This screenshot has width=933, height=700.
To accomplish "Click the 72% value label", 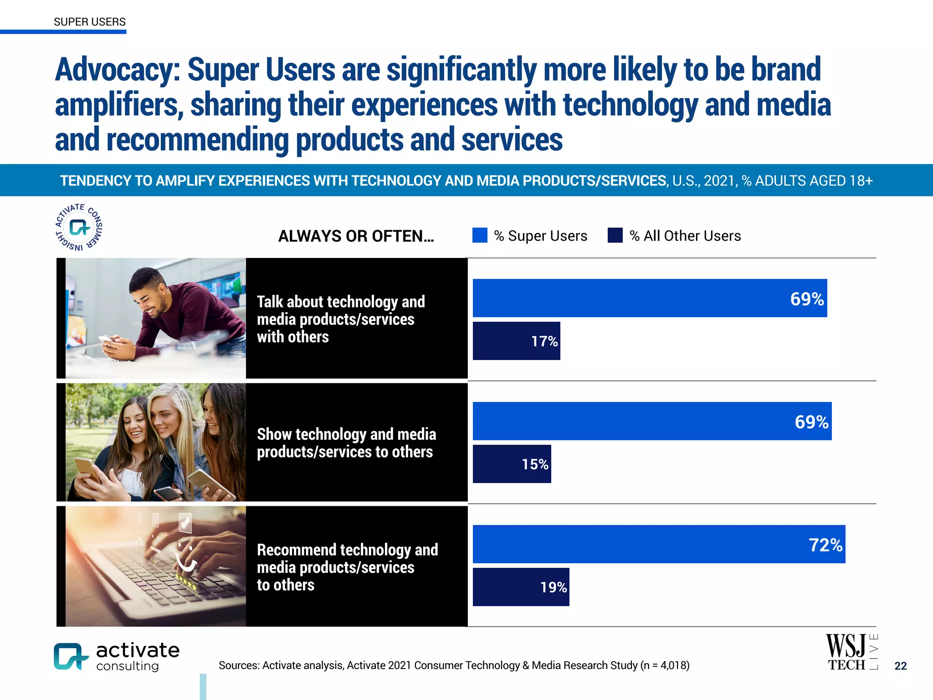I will [825, 545].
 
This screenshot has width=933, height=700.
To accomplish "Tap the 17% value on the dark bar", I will [544, 341].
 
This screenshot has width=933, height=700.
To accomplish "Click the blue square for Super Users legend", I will [480, 235].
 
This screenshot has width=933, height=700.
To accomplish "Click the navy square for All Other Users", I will [615, 235].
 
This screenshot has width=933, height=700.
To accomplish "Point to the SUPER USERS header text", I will [90, 22].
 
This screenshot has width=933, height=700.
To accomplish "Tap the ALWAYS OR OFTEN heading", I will [356, 236].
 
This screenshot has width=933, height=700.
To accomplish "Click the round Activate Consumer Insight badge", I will [79, 227].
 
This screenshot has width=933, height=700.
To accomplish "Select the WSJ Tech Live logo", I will [851, 653].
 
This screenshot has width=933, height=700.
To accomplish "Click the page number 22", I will [900, 666].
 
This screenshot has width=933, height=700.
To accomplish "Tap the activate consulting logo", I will [117, 656].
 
